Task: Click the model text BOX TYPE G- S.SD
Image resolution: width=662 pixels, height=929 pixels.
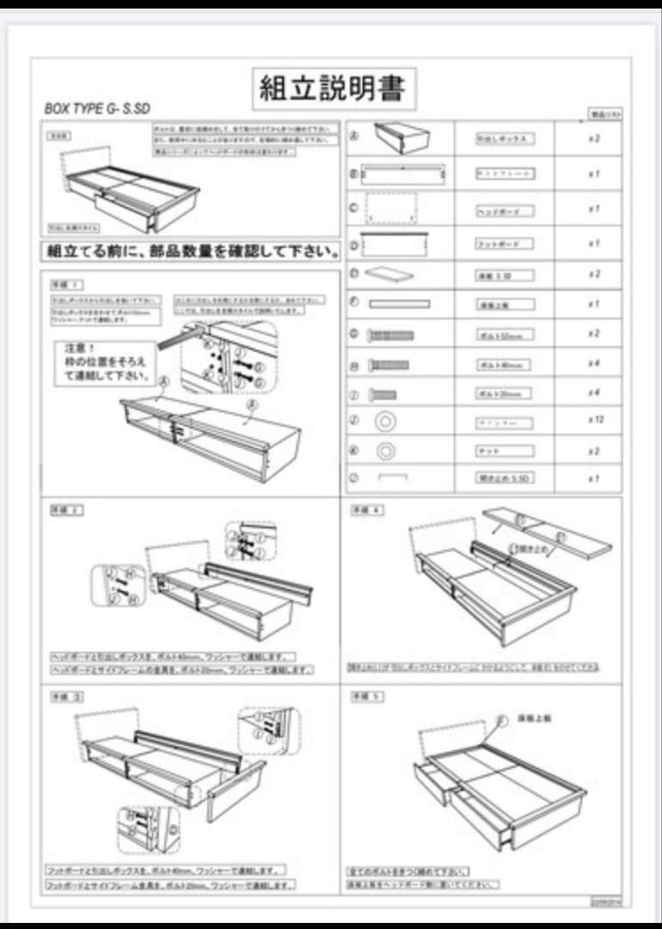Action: (97, 109)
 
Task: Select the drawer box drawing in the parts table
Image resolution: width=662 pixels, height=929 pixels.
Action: (401, 137)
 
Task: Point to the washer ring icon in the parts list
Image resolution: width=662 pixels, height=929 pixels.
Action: (384, 421)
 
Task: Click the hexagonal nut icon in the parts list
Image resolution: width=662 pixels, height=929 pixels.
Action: (386, 450)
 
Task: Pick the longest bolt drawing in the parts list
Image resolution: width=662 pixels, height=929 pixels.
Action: (390, 335)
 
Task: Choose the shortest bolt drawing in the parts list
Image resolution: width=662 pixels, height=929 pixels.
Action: (383, 394)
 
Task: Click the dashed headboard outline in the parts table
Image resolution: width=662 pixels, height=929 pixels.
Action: (391, 208)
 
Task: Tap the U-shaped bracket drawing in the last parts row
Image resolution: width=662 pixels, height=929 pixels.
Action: (392, 477)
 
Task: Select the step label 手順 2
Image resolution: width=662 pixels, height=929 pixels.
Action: (66, 510)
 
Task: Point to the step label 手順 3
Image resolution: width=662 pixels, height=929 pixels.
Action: (66, 695)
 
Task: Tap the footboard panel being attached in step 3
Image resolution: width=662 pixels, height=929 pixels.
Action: (232, 787)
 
